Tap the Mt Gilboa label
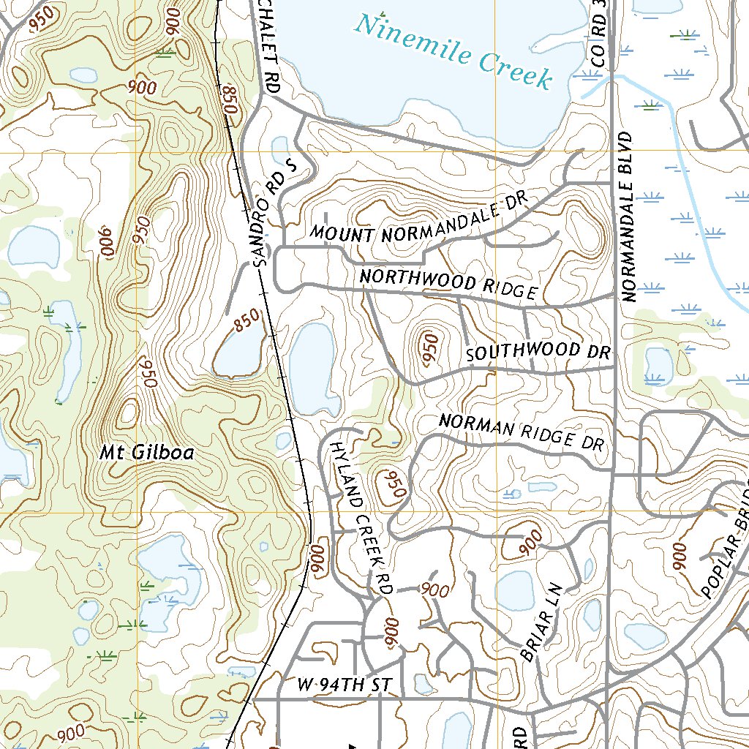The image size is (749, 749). click(x=146, y=453)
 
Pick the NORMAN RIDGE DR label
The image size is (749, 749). click(x=523, y=432)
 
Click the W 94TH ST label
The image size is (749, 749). click(x=345, y=685)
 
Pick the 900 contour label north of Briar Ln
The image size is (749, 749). click(x=530, y=541)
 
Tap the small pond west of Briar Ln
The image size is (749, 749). click(x=515, y=590)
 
